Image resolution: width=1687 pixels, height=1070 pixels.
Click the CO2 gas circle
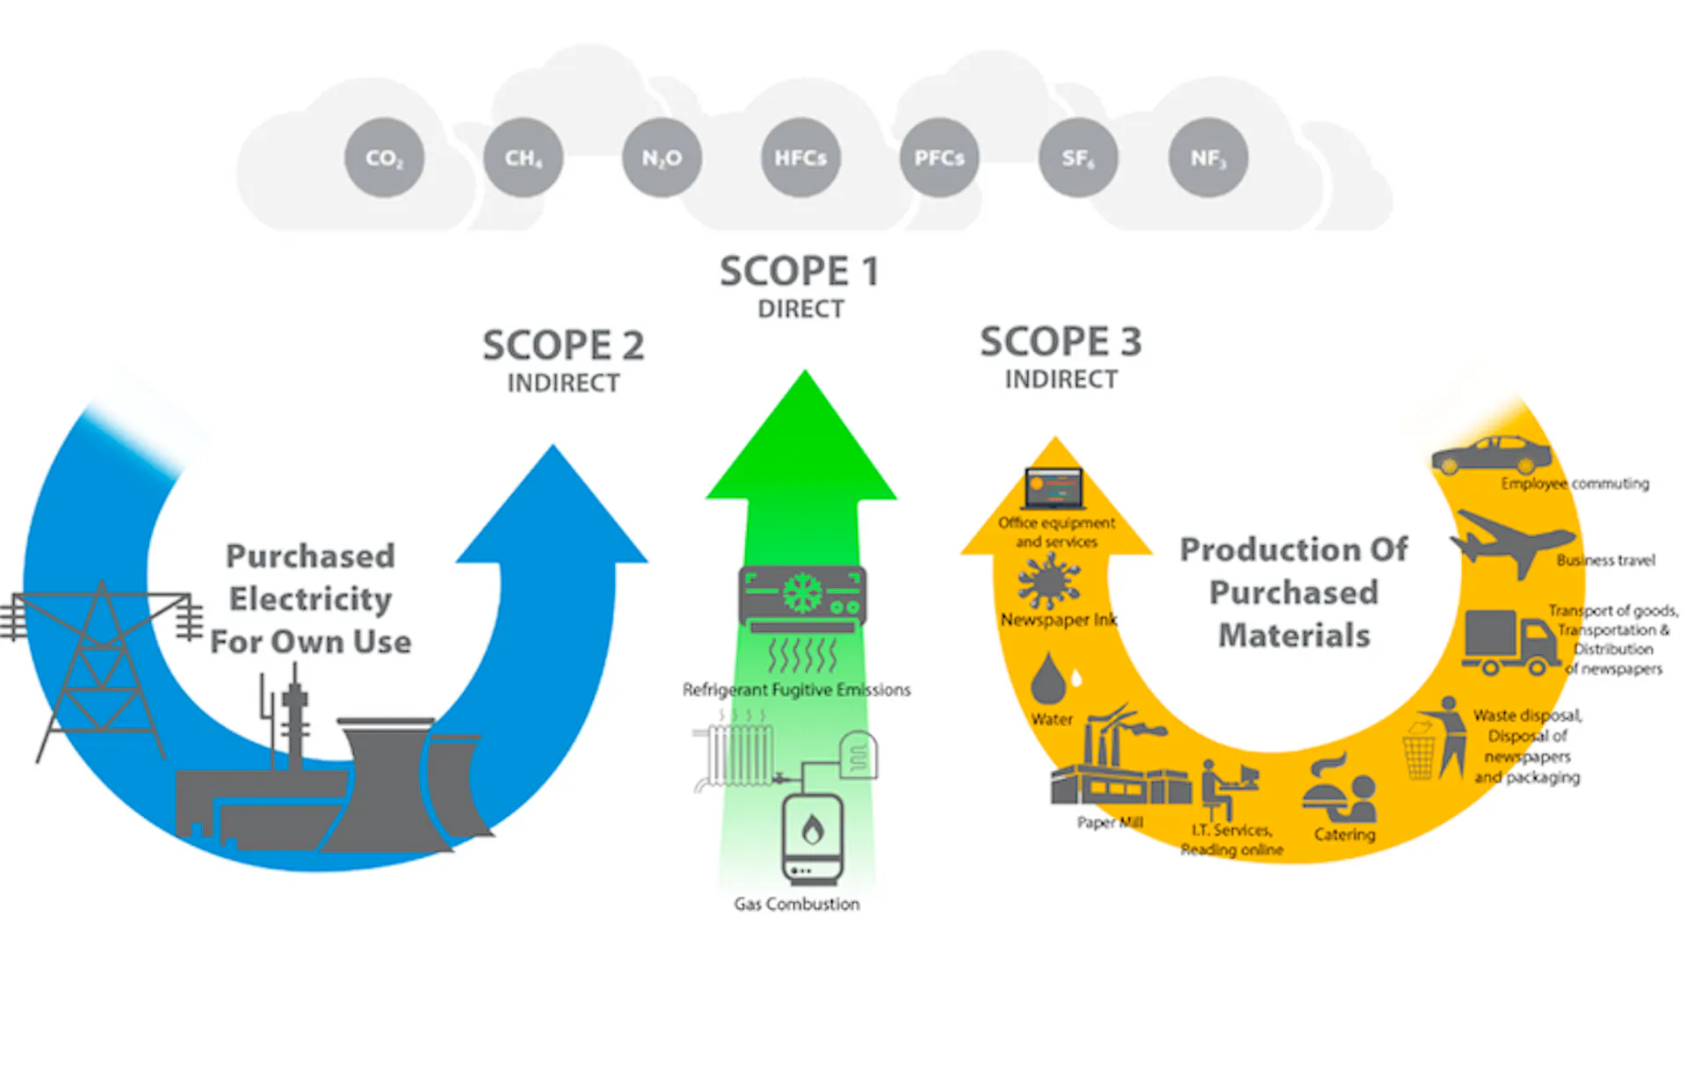coord(384,158)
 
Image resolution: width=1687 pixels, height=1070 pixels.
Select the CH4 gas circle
coord(523,158)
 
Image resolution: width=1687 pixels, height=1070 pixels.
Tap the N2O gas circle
coord(662,158)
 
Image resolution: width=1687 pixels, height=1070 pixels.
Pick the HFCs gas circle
coord(800,158)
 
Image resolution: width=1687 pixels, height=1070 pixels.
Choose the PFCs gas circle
coord(939,158)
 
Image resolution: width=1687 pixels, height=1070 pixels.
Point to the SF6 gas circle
coord(1078,158)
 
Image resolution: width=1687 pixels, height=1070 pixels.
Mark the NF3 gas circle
coord(1208,158)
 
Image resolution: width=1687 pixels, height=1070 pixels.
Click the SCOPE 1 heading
coord(800,271)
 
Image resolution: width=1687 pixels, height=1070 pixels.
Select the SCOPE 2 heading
coord(563,345)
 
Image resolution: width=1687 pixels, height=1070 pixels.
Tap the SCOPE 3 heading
coord(1061,341)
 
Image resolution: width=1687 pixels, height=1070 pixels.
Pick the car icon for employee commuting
coord(1491,455)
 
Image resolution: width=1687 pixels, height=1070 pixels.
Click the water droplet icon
coord(1049,678)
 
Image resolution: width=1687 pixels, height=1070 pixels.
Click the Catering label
coord(1344,834)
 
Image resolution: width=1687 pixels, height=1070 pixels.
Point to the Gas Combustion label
coord(797,904)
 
